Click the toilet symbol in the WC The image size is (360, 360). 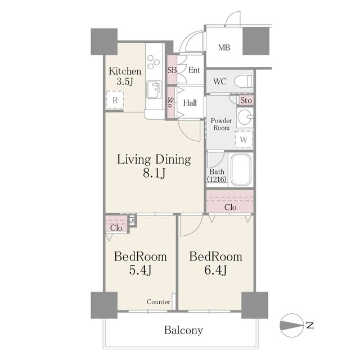click(x=243, y=81)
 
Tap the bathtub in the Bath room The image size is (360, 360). click(x=241, y=169)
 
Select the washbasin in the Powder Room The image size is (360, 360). click(x=245, y=118)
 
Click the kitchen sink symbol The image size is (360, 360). click(x=154, y=89)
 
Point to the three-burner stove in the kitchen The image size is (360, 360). click(x=153, y=62)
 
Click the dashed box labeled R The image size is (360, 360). click(x=115, y=100)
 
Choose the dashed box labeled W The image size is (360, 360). click(x=244, y=139)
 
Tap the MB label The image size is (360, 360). click(x=224, y=47)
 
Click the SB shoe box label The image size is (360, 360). click(x=172, y=70)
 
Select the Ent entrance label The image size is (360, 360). click(x=194, y=70)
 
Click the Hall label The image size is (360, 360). click(x=190, y=102)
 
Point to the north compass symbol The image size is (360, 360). click(x=291, y=325)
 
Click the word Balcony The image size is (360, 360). click(x=184, y=330)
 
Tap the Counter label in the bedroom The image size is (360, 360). click(x=159, y=301)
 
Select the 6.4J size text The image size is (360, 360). click(x=215, y=270)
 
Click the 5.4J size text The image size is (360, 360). click(x=140, y=270)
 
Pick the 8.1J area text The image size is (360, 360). click(x=154, y=173)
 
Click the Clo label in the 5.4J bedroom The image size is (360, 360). click(x=116, y=228)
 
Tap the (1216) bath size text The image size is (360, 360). click(x=217, y=179)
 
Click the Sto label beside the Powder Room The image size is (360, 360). click(x=246, y=100)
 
